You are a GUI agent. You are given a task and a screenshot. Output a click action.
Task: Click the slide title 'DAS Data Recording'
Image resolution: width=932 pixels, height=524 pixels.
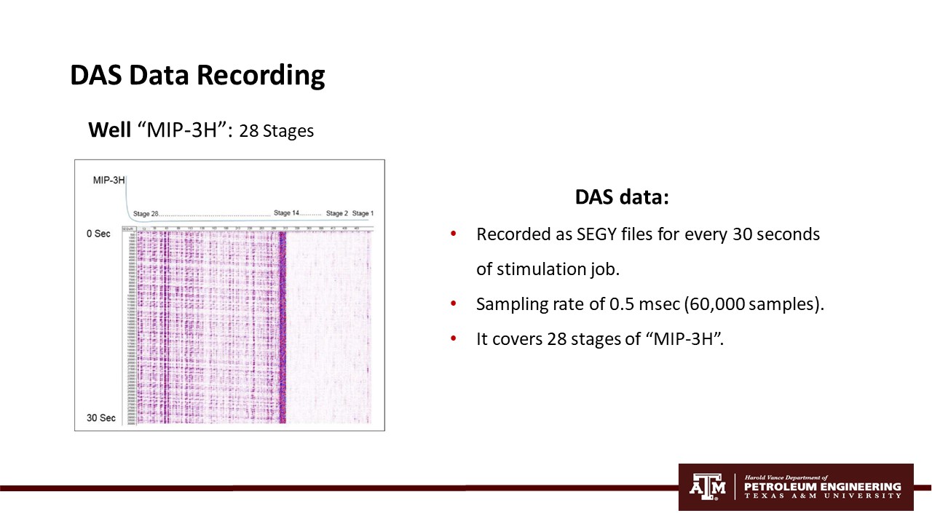[x=197, y=76]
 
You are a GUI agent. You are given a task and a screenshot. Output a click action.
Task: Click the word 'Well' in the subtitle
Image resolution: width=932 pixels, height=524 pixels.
[x=110, y=130]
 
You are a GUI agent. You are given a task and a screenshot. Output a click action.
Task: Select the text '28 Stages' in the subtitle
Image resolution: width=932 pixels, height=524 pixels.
[x=276, y=132]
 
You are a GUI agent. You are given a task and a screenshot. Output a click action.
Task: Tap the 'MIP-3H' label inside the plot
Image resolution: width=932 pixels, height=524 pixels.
[x=108, y=180]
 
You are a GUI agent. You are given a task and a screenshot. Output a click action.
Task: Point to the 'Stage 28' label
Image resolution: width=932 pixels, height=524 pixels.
[x=146, y=214]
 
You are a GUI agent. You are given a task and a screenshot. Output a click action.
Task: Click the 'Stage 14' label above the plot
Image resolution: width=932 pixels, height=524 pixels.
[x=286, y=213]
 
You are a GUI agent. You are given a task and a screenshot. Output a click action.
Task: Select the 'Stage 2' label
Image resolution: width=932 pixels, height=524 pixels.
[x=336, y=213]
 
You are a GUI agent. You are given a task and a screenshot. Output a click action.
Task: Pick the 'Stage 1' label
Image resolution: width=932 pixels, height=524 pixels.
[x=363, y=213]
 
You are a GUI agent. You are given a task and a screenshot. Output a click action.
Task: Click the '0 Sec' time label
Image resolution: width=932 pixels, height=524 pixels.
[x=98, y=234]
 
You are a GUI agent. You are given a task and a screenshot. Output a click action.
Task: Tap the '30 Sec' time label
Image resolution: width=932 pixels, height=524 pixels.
[x=100, y=418]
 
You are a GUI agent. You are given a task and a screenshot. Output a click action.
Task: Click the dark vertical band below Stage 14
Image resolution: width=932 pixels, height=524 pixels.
[x=283, y=327]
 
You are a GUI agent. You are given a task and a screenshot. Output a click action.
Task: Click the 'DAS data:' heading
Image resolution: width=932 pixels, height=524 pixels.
[x=621, y=197]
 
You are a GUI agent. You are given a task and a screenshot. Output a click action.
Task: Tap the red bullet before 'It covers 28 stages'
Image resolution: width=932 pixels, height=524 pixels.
[x=454, y=339]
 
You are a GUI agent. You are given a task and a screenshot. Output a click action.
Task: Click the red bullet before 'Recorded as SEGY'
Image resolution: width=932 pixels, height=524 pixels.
[x=454, y=234]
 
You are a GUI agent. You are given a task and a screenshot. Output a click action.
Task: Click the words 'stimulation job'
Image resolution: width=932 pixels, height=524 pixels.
[x=557, y=269]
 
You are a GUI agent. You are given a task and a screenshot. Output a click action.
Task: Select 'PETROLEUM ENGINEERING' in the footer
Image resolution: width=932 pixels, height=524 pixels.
[x=822, y=486]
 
